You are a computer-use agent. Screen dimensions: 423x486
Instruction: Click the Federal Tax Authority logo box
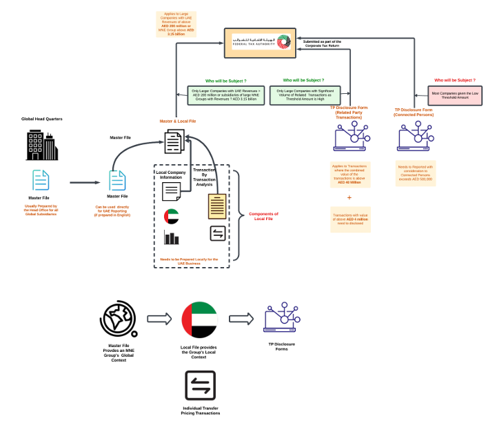point(260,43)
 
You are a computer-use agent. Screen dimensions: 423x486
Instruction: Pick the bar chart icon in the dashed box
point(172,239)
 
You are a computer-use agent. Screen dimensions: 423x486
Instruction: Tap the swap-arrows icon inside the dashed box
point(217,234)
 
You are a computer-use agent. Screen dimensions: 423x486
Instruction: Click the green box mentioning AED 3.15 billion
point(225,95)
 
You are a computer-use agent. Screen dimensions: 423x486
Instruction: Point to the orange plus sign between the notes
point(349,197)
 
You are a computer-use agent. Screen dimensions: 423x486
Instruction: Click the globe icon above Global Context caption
point(118,320)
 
